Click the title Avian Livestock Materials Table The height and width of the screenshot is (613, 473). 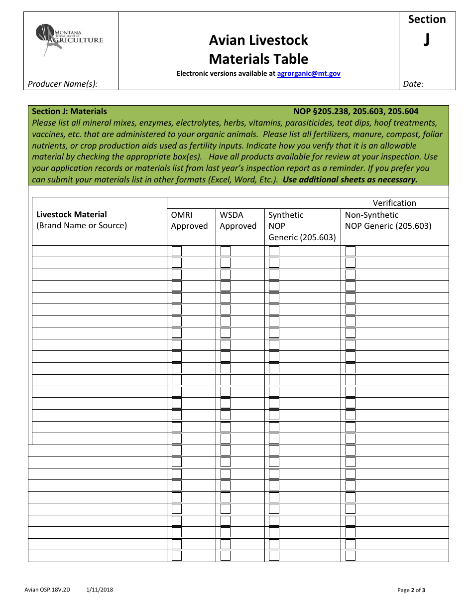click(x=258, y=49)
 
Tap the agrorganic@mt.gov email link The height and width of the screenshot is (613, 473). click(x=308, y=73)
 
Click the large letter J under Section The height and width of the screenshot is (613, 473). click(x=427, y=40)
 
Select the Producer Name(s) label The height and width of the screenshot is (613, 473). click(x=63, y=84)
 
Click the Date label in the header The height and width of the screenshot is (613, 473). click(x=413, y=84)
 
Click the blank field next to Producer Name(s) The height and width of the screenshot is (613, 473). click(x=259, y=84)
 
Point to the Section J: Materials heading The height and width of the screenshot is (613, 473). click(x=69, y=111)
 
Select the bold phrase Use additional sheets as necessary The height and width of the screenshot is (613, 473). click(x=350, y=179)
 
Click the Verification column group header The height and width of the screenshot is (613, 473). click(x=394, y=203)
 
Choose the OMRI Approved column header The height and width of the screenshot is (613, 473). click(x=189, y=220)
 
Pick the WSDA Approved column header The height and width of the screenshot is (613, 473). click(x=238, y=220)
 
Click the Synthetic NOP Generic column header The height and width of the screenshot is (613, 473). click(x=302, y=226)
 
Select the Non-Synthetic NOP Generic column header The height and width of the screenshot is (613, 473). click(x=388, y=220)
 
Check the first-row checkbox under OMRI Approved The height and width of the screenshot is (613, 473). click(x=177, y=251)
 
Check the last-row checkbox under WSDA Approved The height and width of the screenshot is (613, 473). click(x=226, y=556)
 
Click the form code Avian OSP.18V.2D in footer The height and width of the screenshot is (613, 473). click(x=47, y=590)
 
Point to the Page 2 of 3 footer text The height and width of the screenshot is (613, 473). click(x=411, y=591)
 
